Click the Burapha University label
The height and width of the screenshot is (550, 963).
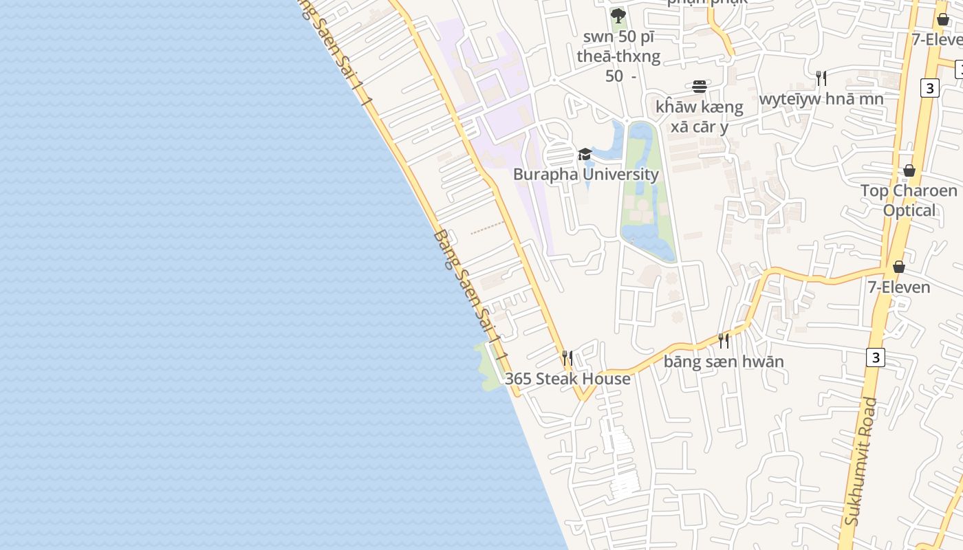click(586, 174)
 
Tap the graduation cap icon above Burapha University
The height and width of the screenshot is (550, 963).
click(585, 154)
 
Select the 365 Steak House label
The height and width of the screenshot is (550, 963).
click(567, 379)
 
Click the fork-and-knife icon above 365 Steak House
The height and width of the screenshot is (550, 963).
click(567, 357)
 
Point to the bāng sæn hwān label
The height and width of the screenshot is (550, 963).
click(724, 362)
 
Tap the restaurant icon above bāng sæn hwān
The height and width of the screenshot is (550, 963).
click(724, 340)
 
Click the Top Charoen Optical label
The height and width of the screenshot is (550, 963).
click(909, 200)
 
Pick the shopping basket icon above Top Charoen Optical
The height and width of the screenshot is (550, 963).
click(909, 170)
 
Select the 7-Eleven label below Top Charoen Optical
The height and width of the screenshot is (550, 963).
click(899, 287)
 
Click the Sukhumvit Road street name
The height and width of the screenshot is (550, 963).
click(861, 461)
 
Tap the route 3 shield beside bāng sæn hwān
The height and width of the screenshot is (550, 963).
click(875, 357)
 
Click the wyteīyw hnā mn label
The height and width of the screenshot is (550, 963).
click(821, 98)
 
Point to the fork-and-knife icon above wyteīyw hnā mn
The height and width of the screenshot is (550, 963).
click(821, 78)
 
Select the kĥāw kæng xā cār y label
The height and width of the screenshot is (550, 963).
click(700, 117)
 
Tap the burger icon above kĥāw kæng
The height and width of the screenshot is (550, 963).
click(700, 87)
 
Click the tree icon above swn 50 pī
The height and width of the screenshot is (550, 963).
click(618, 15)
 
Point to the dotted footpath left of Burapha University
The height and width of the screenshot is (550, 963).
click(489, 229)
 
